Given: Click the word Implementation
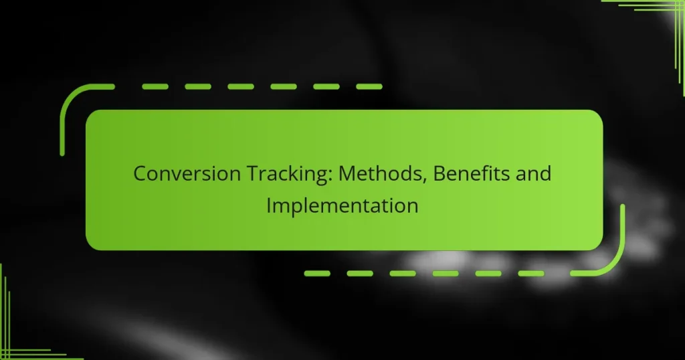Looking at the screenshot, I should point(342,205).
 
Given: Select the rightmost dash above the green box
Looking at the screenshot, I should point(368,87).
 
